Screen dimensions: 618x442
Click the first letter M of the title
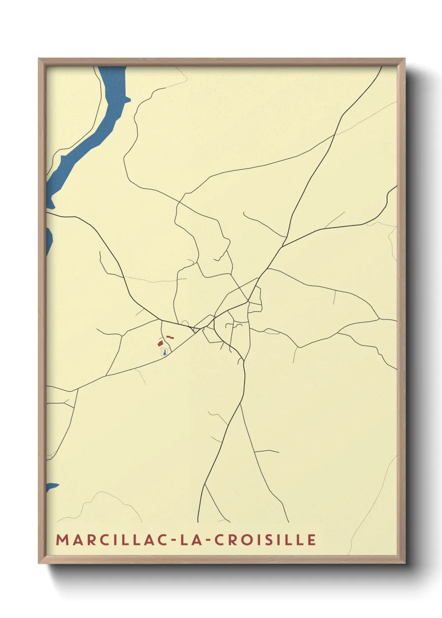[x=62, y=539]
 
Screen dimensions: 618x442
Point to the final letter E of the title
[x=311, y=539]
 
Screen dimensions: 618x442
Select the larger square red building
[x=160, y=343]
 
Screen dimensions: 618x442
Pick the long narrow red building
[x=170, y=337]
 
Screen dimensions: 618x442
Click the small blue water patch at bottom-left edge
[x=51, y=487]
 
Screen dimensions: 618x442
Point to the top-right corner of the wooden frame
[x=404, y=59]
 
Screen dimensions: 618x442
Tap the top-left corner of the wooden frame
[x=39, y=59]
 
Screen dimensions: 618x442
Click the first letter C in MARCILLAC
[x=99, y=539]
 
